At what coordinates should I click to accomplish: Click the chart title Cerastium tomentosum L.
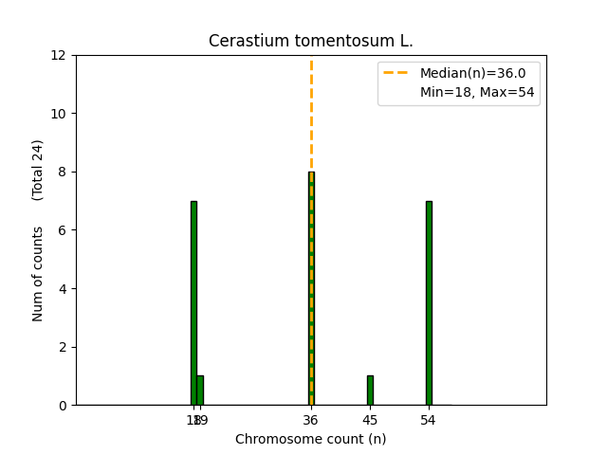310,42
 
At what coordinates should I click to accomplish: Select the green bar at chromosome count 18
193,303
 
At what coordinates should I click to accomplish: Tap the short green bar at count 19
200,391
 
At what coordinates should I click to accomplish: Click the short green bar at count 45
370,391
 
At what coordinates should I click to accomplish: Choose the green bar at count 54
429,303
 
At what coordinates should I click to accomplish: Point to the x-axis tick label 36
311,420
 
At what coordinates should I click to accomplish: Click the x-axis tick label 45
370,420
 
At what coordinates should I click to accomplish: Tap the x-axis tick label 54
429,420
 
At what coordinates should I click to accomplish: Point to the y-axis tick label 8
64,172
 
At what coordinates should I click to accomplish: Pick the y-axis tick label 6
64,230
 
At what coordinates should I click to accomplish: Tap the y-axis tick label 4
64,288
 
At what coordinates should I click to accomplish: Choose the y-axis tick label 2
64,347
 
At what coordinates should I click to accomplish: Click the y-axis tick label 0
64,406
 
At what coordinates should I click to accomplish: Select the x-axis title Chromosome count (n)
310,439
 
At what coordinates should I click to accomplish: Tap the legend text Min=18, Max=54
479,92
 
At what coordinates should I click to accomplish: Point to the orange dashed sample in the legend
397,73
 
